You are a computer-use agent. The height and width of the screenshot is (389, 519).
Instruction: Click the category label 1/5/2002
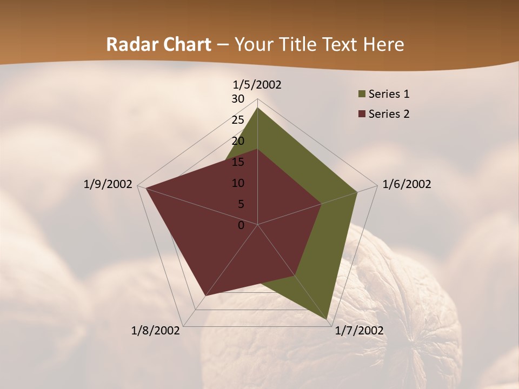tap(257, 84)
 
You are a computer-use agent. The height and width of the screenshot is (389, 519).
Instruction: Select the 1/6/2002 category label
tap(407, 184)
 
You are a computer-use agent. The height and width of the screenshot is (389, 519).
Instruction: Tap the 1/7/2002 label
tap(359, 331)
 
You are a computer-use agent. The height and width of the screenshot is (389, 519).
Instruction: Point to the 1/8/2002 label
tap(156, 331)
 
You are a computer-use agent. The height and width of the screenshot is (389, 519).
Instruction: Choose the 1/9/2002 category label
tap(108, 184)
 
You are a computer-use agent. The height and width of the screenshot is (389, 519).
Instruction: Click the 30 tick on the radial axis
tap(238, 99)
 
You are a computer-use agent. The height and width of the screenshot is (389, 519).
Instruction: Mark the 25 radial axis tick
tap(238, 120)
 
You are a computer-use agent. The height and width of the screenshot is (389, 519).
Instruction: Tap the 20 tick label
tap(238, 141)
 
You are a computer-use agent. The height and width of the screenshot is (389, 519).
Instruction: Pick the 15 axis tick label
tap(238, 162)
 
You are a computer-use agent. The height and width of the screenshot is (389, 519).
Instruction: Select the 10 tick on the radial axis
tap(238, 183)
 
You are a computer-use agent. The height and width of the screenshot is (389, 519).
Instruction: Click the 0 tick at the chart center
tap(241, 225)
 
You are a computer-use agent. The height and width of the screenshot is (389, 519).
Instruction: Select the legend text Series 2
tap(389, 114)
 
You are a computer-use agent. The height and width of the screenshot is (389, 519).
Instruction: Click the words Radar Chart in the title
tap(158, 45)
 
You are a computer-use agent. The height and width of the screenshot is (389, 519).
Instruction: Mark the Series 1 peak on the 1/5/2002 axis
tap(257, 108)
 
